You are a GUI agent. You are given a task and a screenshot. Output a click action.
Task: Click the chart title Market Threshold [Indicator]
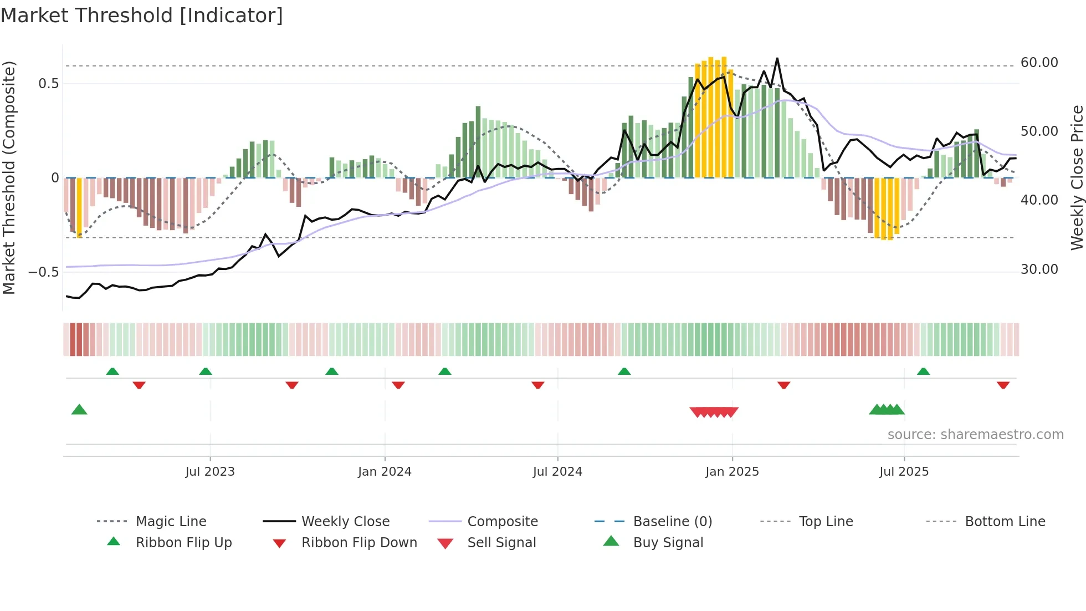(x=142, y=16)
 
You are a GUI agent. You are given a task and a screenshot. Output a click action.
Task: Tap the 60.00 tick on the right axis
(x=1039, y=63)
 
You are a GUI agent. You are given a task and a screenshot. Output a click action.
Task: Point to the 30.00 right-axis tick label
(x=1039, y=269)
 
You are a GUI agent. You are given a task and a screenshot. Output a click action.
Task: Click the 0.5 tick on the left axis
(x=48, y=84)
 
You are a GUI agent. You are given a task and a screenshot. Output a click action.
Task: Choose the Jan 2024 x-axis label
(x=385, y=472)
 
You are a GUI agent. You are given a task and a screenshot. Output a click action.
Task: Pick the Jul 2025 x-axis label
(x=904, y=472)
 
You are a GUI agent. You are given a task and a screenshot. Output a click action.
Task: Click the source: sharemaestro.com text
(x=975, y=435)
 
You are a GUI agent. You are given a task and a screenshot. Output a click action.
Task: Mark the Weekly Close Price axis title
(x=1077, y=177)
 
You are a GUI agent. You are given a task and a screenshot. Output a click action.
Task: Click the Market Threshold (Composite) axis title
(x=9, y=177)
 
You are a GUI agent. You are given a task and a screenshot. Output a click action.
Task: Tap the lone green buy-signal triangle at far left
(x=79, y=410)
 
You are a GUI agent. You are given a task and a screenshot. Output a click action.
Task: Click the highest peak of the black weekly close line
(x=777, y=58)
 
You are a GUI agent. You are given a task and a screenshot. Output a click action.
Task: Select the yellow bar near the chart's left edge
(x=79, y=207)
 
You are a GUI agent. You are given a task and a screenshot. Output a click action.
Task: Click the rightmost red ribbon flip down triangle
(x=1003, y=385)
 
